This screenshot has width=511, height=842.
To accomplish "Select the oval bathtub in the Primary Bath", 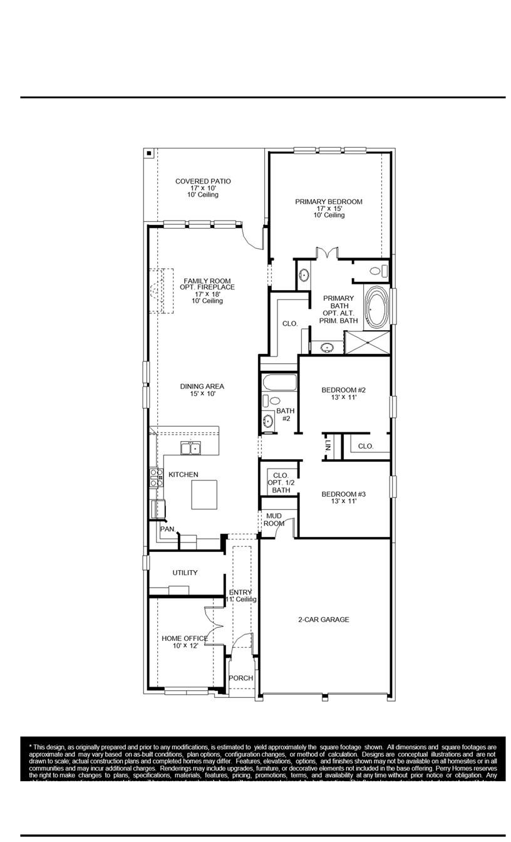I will pyautogui.click(x=376, y=308).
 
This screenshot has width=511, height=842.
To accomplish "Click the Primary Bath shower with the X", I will pyautogui.click(x=367, y=343).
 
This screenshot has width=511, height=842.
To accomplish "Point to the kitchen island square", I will pyautogui.click(x=207, y=495).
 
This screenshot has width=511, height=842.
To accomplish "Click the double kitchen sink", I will pyautogui.click(x=190, y=448).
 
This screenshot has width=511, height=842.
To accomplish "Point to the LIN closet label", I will pyautogui.click(x=328, y=446).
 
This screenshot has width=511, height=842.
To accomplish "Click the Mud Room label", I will pyautogui.click(x=274, y=519).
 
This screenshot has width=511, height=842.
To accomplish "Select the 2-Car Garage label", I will pyautogui.click(x=323, y=620).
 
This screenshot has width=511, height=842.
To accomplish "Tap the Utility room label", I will pyautogui.click(x=185, y=573).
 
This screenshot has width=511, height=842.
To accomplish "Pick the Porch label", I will pyautogui.click(x=240, y=678).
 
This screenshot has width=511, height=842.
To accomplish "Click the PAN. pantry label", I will pyautogui.click(x=167, y=529).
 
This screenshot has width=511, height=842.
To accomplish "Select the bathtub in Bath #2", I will pyautogui.click(x=279, y=382).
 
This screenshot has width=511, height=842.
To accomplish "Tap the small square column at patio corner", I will pyautogui.click(x=148, y=152).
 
